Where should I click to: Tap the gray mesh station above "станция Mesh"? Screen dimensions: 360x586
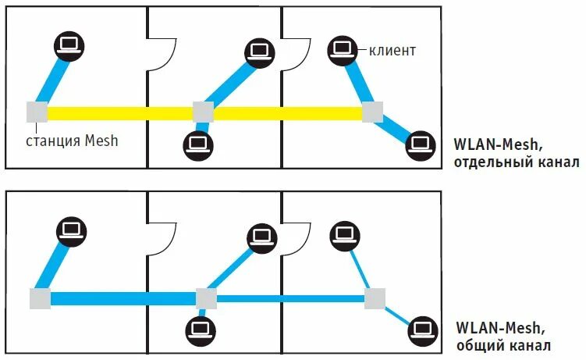[37, 112]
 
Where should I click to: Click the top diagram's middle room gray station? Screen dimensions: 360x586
[203, 112]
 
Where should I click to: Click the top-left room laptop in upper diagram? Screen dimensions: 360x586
[69, 45]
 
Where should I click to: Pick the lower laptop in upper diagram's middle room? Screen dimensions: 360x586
[197, 144]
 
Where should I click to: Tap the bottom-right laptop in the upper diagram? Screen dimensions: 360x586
[421, 143]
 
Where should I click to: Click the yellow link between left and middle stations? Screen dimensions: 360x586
[120, 113]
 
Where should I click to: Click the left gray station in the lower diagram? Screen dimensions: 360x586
[40, 298]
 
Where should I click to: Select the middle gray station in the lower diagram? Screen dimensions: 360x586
[205, 298]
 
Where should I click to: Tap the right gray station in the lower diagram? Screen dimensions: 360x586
[375, 298]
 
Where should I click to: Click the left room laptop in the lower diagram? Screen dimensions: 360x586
[72, 230]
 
